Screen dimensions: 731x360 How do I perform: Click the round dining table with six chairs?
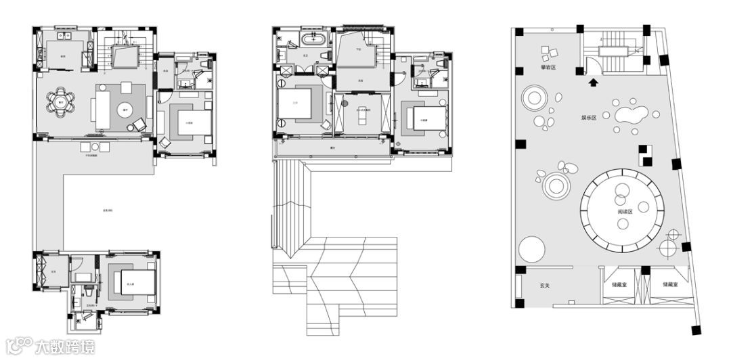tap(60, 103)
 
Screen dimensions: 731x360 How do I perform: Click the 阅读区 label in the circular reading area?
tap(625, 212)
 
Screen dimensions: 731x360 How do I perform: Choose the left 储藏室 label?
tap(618, 285)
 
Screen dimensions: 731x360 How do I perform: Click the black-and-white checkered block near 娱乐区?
tap(644, 156)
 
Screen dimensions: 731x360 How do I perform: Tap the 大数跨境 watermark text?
tap(65, 346)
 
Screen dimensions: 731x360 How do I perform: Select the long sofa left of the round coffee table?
tap(103, 109)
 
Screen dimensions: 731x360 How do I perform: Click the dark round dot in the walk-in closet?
tap(345, 104)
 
